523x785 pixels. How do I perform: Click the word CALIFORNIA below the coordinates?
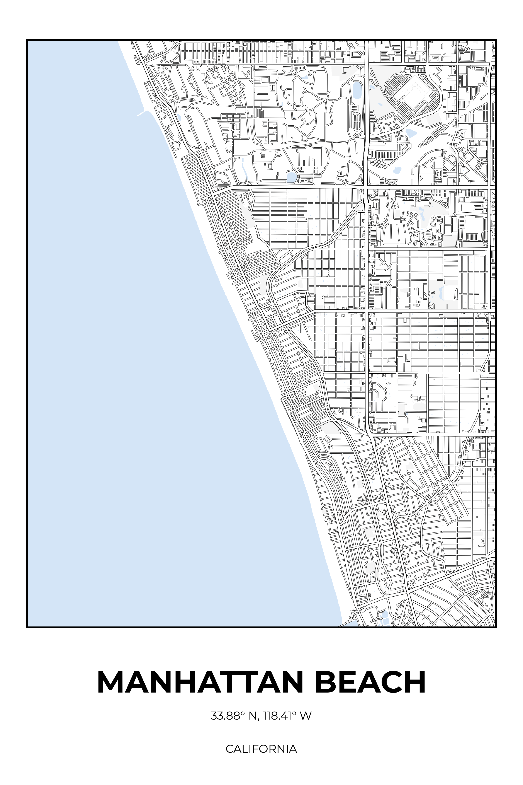pos(261,749)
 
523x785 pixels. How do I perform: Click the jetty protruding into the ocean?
pos(141,113)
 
